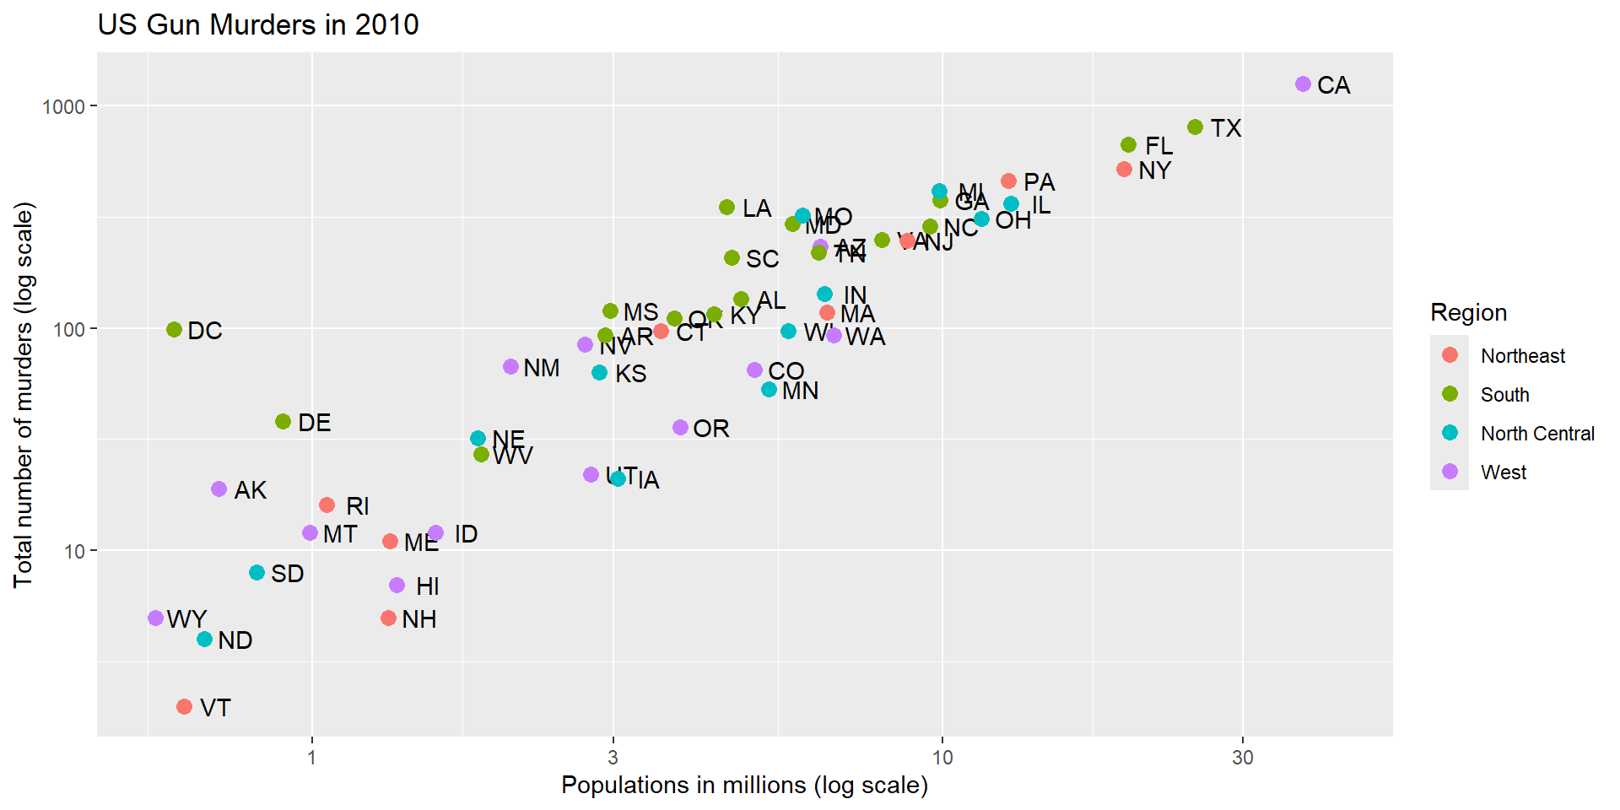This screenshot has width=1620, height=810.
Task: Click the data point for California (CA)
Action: [x=1303, y=84]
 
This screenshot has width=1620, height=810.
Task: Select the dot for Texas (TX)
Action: [x=1195, y=127]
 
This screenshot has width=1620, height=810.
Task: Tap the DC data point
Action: [x=174, y=330]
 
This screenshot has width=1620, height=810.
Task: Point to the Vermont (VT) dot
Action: [x=184, y=706]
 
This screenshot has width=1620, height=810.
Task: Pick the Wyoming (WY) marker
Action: [x=155, y=618]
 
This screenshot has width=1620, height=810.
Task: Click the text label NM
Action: [x=541, y=368]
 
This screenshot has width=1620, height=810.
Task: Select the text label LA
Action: [x=757, y=208]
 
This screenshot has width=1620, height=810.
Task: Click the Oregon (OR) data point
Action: [x=680, y=428]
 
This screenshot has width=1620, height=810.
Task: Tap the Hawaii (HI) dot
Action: [x=397, y=586]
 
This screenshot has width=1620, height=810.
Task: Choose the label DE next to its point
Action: [x=314, y=423]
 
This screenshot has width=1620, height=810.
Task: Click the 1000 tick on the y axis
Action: [x=64, y=107]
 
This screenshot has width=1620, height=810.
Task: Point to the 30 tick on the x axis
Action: [x=1242, y=758]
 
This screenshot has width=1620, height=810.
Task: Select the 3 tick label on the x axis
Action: [x=613, y=758]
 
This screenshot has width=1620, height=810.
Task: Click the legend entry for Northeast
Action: [x=1522, y=356]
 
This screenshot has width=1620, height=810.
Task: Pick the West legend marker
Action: [x=1450, y=472]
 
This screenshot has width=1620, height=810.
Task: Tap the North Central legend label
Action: [x=1537, y=434]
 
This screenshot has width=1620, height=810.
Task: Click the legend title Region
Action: [x=1468, y=313]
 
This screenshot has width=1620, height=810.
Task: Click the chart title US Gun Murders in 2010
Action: [x=258, y=24]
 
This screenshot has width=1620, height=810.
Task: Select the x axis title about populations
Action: [x=744, y=786]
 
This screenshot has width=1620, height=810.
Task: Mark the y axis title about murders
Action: [x=24, y=395]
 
